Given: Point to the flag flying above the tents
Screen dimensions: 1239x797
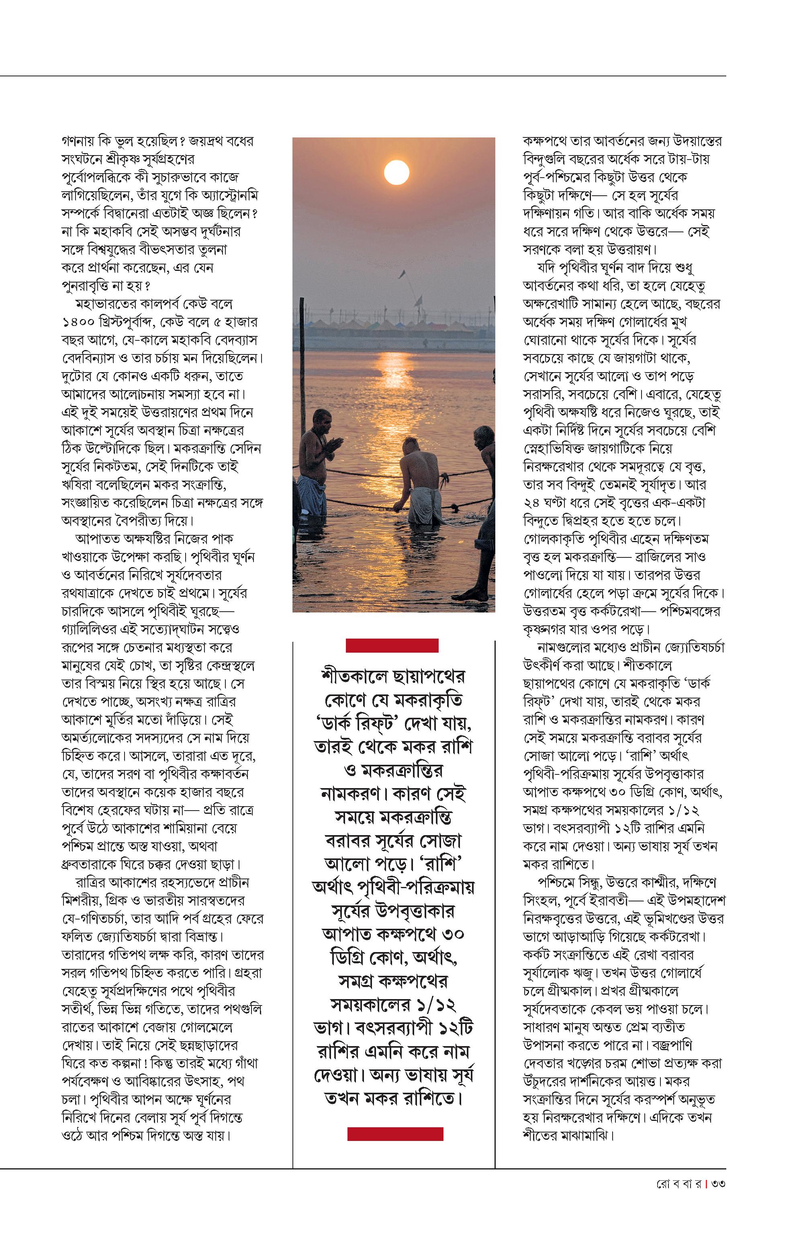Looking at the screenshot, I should click(402, 274).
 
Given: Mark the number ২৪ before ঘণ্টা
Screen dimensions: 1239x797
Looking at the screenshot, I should click(531, 503).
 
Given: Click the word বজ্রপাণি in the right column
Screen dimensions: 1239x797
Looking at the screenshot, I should click(672, 1045).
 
